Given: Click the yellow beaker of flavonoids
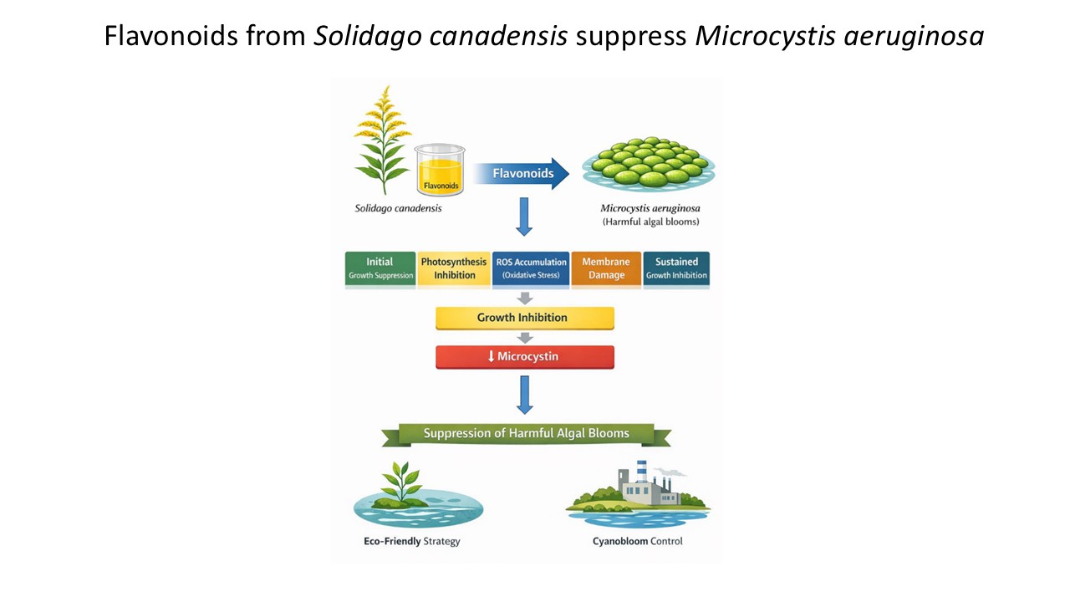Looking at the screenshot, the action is point(440,170).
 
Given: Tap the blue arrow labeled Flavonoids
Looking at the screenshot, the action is point(522,173).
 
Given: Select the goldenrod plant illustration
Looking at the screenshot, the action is point(383,140).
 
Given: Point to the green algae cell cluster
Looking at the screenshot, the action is point(649,162).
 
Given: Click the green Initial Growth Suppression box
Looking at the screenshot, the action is point(380,269).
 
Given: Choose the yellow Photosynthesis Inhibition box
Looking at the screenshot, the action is point(454,269).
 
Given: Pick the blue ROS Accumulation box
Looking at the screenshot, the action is point(531,269).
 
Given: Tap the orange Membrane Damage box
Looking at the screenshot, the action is point(606,269).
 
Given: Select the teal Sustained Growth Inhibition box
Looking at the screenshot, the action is point(676,269).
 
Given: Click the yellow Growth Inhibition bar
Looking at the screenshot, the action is point(524,318).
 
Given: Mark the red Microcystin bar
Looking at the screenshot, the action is point(524,357).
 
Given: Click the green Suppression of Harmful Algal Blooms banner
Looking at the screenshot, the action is point(527,434).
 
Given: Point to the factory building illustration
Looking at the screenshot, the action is point(649,485).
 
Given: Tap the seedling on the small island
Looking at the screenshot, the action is point(401,482).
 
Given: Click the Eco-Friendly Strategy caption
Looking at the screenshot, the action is point(412,541).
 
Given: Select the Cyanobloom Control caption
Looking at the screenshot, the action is point(637,541).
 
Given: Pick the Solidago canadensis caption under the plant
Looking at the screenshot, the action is point(398,208).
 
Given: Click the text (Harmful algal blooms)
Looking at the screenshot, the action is point(650,222).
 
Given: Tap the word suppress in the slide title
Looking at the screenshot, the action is point(631,36).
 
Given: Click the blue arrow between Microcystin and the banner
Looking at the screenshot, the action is point(524,395).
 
